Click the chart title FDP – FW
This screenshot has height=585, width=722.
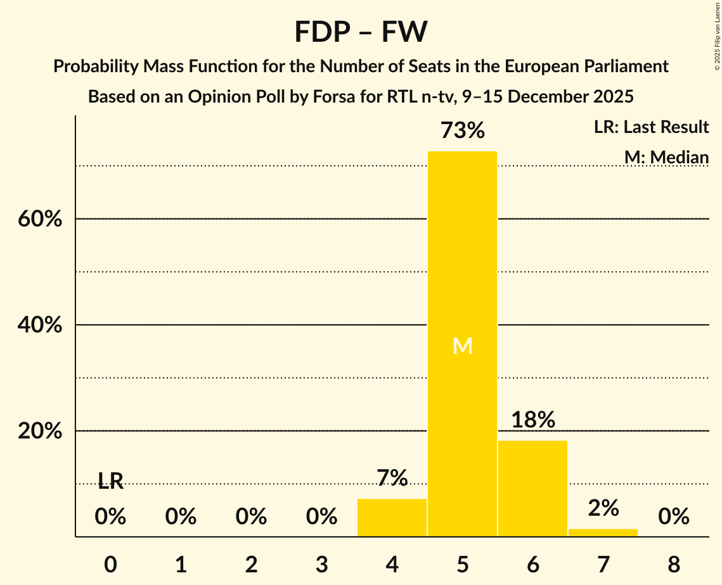pyautogui.click(x=361, y=32)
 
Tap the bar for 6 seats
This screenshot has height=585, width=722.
pyautogui.click(x=532, y=487)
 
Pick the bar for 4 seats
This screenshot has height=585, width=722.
pyautogui.click(x=392, y=517)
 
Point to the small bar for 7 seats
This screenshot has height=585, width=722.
pyautogui.click(x=603, y=532)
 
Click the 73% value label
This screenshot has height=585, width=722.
pyautogui.click(x=462, y=131)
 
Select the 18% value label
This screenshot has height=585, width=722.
pyautogui.click(x=532, y=420)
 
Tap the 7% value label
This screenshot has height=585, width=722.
pyautogui.click(x=392, y=478)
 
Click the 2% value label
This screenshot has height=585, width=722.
pyautogui.click(x=603, y=508)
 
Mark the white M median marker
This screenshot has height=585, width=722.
pyautogui.click(x=462, y=346)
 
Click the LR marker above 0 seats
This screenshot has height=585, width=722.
pyautogui.click(x=110, y=482)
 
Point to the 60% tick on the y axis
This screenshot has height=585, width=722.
pyautogui.click(x=40, y=219)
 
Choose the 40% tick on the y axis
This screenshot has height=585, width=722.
pyautogui.click(x=40, y=325)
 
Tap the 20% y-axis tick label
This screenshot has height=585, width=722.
pyautogui.click(x=40, y=431)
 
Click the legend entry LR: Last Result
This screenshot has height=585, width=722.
pyautogui.click(x=651, y=127)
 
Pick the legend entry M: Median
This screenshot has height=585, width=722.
pyautogui.click(x=666, y=157)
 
